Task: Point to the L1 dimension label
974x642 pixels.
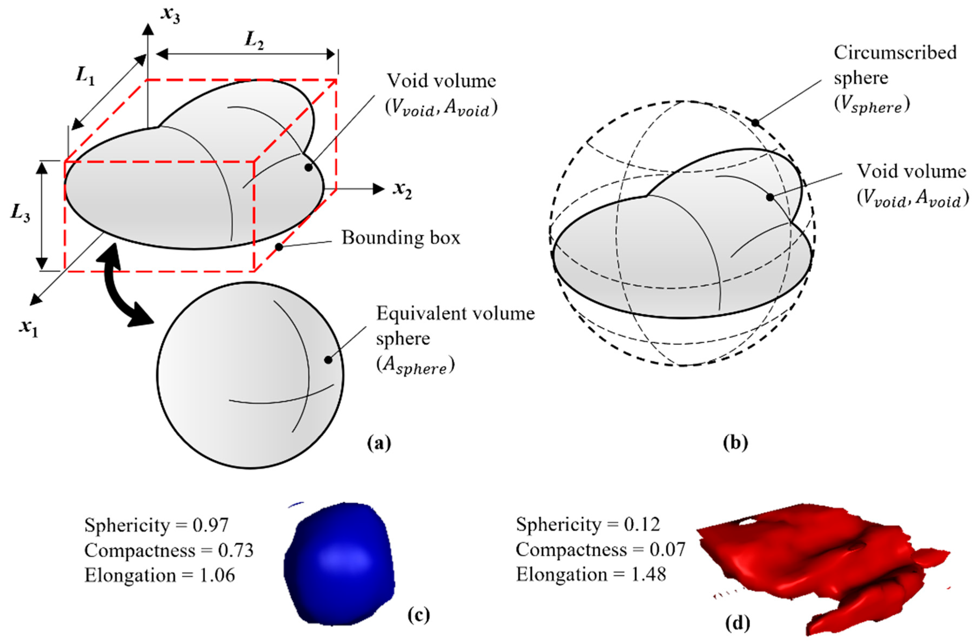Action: [85, 76]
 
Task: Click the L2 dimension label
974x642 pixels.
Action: [254, 40]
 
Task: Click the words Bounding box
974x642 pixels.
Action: [401, 237]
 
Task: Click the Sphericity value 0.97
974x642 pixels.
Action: [211, 525]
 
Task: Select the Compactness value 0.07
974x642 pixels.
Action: [667, 549]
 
